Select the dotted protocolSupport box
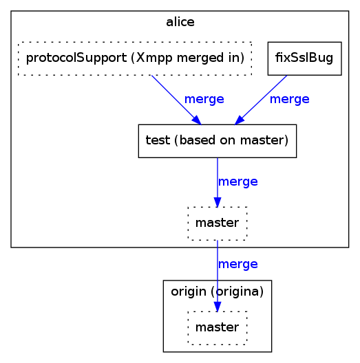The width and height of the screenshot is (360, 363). (x=135, y=58)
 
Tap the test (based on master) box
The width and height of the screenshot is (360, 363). (x=217, y=141)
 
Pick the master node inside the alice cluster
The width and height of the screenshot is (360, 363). (x=217, y=223)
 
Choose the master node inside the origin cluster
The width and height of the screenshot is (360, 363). (x=217, y=327)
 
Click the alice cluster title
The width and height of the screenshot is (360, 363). (x=180, y=22)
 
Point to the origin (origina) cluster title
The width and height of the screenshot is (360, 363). (x=217, y=291)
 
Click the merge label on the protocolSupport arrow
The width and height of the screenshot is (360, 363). (x=204, y=99)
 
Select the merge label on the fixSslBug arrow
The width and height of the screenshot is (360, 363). (x=289, y=99)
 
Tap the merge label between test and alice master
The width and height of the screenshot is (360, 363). (x=237, y=181)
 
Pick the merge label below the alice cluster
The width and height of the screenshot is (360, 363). (x=237, y=264)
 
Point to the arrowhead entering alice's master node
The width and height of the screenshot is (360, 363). (x=218, y=201)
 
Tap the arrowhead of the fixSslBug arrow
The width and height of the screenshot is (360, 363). (x=240, y=120)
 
